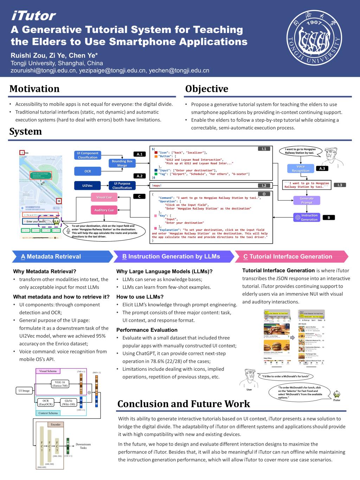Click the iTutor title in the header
coord(33,16)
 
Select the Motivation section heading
coord(34,89)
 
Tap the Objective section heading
coord(207,89)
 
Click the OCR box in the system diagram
coord(88,171)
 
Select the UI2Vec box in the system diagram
coord(88,185)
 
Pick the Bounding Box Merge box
coord(122,163)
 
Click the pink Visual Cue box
coord(104,197)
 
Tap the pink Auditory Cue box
coord(104,210)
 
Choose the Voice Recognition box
coord(301,168)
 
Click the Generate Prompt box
coord(307,200)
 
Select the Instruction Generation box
coord(307,217)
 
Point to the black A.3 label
coord(322,168)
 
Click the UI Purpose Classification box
coord(122,185)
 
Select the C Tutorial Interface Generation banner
coord(290,256)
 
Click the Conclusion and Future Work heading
coord(184,404)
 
